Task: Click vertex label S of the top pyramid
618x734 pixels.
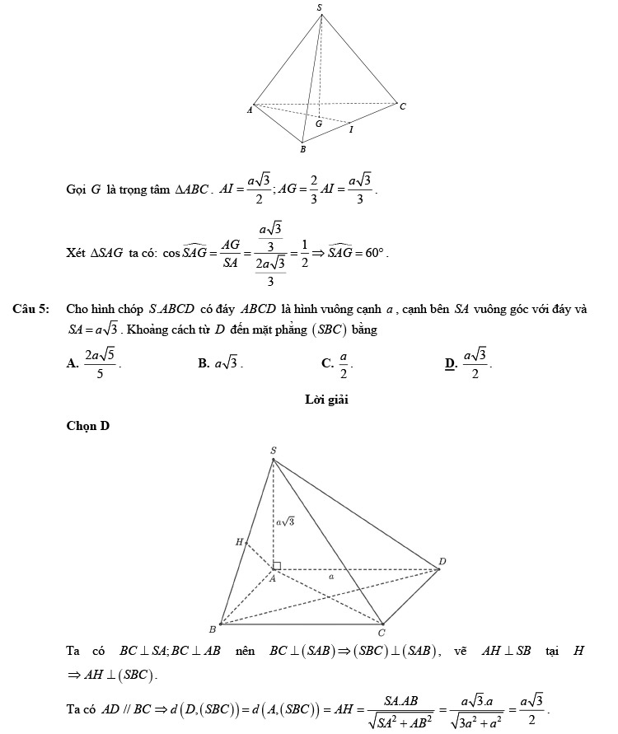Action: coord(320,7)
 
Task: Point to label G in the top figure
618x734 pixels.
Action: coord(318,124)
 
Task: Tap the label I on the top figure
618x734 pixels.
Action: coord(351,129)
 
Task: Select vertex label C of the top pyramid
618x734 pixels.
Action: coord(402,106)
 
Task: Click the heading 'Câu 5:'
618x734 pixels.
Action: coord(30,310)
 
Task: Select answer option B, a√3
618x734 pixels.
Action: coord(220,362)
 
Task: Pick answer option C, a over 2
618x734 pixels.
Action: coord(339,362)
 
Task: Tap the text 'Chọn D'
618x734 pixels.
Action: coord(87,426)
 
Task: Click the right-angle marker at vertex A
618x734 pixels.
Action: coord(278,565)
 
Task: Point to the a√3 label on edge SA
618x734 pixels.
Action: coord(285,521)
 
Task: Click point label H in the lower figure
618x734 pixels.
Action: coord(240,542)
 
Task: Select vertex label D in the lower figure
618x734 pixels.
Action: coord(442,562)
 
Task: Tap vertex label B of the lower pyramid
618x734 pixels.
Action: coord(212,629)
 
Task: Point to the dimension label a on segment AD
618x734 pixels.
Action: coord(330,577)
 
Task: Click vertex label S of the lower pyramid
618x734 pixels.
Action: coord(274,450)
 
